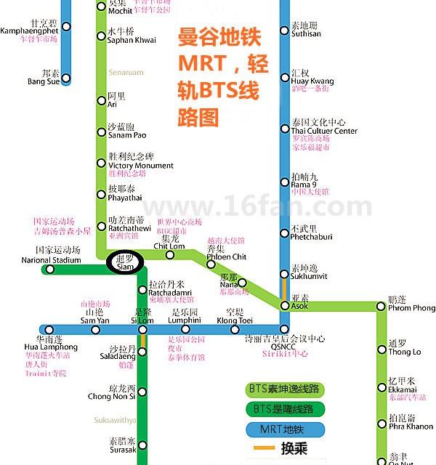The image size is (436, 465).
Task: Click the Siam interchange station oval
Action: [x=126, y=262]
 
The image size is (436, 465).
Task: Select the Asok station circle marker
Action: [x=285, y=307]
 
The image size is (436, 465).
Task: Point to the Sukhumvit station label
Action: [x=308, y=276]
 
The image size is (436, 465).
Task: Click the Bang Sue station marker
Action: [x=66, y=78]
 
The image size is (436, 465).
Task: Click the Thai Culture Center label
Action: [x=323, y=132]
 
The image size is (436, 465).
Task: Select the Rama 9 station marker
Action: [x=285, y=182]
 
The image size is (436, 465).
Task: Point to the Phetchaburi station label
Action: [x=310, y=236]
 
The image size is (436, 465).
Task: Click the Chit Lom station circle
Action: [x=170, y=254]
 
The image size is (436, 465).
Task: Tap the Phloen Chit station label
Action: [x=226, y=256]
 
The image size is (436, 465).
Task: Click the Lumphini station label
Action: [x=184, y=320]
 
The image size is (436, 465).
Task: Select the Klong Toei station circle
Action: [x=234, y=330]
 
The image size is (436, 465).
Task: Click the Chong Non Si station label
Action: [x=111, y=396]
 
